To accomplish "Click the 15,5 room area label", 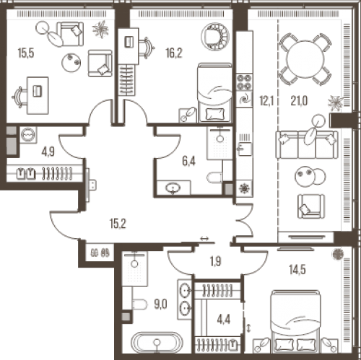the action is click(x=26, y=53).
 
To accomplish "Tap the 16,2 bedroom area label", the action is click(x=174, y=53).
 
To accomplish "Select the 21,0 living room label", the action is click(x=299, y=101).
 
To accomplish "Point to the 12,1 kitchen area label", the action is click(x=266, y=101).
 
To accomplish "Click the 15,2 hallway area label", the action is click(x=118, y=224).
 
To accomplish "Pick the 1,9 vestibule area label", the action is click(x=215, y=262).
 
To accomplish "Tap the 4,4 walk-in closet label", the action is click(x=224, y=320).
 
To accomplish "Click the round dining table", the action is click(x=305, y=58).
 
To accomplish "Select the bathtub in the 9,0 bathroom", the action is click(x=157, y=343).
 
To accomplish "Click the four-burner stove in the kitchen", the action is click(x=244, y=82).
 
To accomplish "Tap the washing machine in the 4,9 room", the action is click(x=28, y=135).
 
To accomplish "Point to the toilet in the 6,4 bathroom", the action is click(x=214, y=177).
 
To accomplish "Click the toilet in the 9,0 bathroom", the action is click(x=139, y=304).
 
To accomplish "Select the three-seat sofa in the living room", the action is click(x=307, y=145).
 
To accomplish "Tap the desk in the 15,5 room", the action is click(x=38, y=95).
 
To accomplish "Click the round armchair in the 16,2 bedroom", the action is click(x=215, y=37).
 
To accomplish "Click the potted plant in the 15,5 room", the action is click(x=100, y=30).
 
